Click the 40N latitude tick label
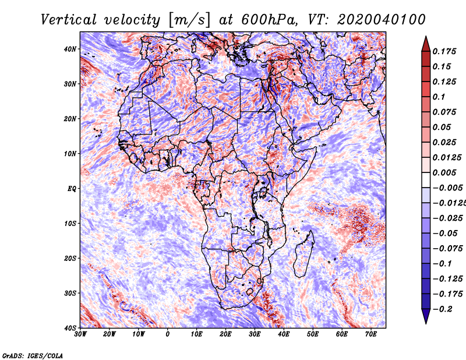pos(69,49)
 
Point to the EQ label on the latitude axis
pos(70,188)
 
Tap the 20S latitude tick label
pos(70,258)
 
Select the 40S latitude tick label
pos(70,328)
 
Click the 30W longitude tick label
pos(80,334)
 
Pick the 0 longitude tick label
pos(168,334)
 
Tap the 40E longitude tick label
pos(284,334)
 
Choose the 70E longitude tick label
pos(370,334)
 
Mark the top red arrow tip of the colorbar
pos(426,38)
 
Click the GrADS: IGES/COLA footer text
pos(32,355)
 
